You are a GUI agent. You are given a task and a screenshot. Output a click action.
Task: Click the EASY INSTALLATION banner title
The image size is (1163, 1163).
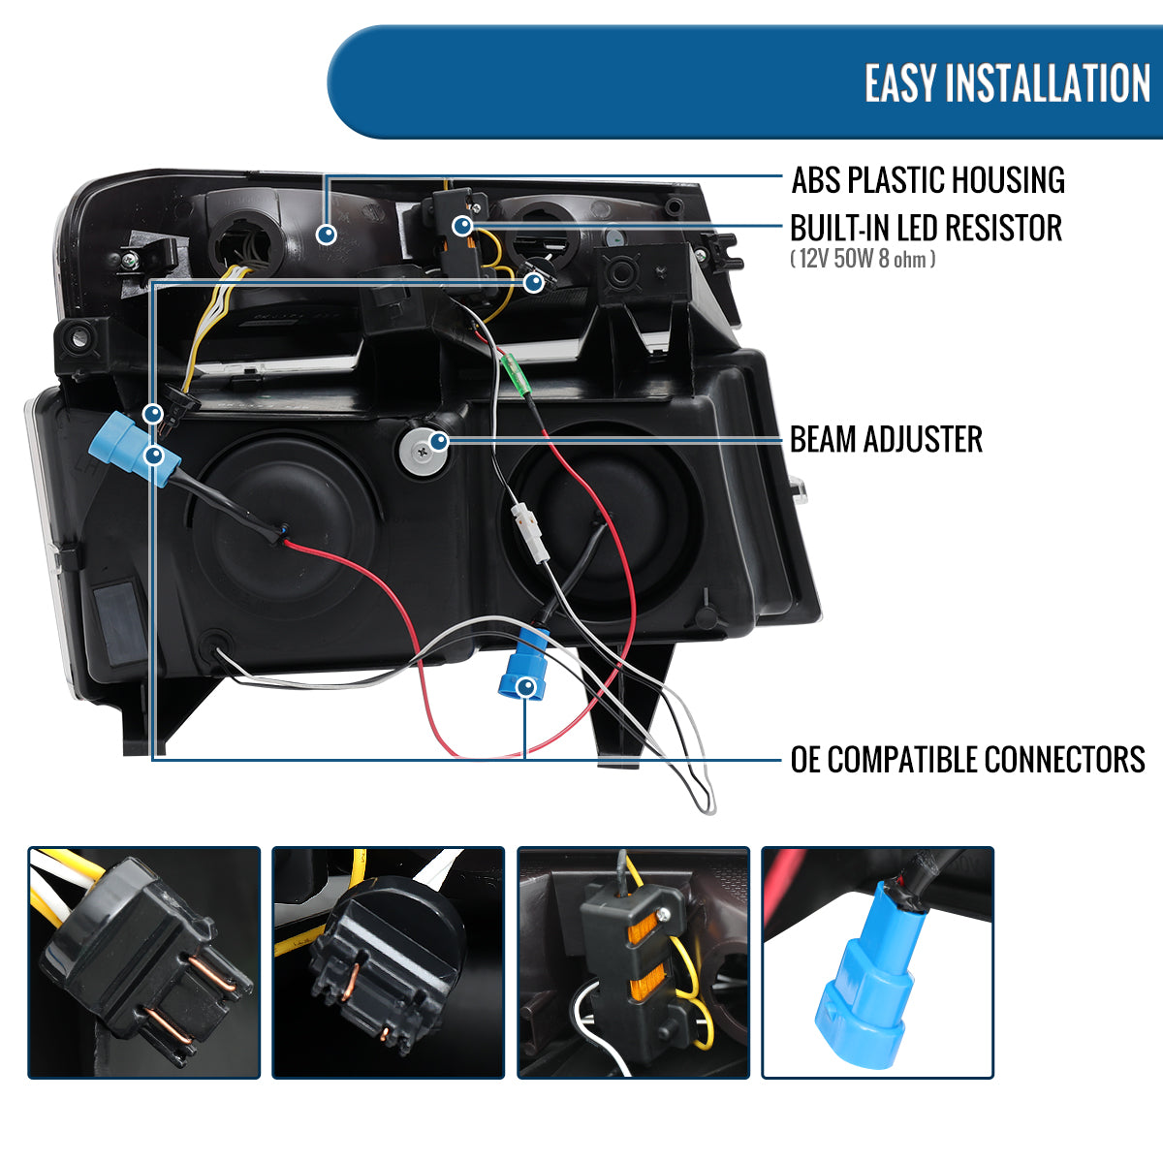pos(1007,83)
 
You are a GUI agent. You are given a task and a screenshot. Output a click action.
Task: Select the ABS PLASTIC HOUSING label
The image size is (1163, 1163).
pos(927,180)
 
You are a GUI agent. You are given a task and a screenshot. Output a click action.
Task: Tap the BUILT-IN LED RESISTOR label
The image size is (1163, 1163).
pos(926,229)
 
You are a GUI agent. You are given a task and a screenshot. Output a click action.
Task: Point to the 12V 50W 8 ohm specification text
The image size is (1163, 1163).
pos(863,260)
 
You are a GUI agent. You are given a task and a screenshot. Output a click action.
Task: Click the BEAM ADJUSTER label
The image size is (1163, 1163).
pos(886,440)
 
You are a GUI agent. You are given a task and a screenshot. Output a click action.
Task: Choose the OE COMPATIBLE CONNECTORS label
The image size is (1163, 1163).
pos(967,760)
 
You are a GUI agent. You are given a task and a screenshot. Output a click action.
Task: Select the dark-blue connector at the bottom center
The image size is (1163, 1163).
pos(523,664)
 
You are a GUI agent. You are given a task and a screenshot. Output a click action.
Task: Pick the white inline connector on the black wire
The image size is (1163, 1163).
pos(530,534)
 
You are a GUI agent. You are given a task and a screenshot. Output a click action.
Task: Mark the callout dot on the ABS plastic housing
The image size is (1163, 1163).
pos(328,234)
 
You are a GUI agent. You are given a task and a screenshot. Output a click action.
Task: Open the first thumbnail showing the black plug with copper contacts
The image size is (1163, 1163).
pos(144,962)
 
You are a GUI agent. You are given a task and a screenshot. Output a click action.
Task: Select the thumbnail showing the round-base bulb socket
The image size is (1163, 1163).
pos(389,962)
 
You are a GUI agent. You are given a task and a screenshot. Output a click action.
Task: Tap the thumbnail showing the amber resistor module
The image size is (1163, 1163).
pos(634,962)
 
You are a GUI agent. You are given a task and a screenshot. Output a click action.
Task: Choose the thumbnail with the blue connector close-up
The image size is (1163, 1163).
pos(878,962)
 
